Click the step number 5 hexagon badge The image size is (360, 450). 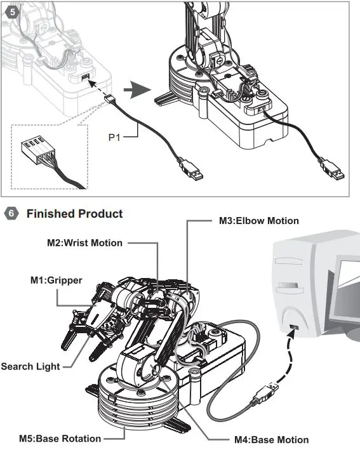(x=12, y=12)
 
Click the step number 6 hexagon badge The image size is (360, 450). (x=11, y=214)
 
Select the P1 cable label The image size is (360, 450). (x=114, y=137)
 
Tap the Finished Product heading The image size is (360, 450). (x=75, y=214)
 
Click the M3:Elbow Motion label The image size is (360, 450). (x=259, y=221)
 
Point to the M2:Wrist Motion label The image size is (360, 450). (x=84, y=243)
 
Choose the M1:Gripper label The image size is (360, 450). (x=57, y=281)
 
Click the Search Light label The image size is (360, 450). (x=30, y=366)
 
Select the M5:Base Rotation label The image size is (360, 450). (x=60, y=439)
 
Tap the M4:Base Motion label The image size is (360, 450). (x=272, y=440)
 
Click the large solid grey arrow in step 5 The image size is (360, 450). (x=138, y=90)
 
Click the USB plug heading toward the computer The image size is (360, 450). (x=265, y=394)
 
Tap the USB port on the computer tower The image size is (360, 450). (x=294, y=327)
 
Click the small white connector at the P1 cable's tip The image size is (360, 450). (x=108, y=99)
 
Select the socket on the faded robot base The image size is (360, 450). (x=85, y=77)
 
